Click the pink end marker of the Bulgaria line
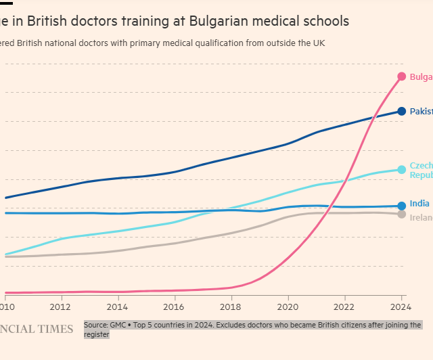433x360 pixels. [x=402, y=76]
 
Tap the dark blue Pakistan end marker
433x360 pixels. [x=402, y=111]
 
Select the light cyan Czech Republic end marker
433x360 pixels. [x=402, y=169]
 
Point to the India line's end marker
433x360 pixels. [x=402, y=206]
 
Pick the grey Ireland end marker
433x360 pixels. [x=402, y=215]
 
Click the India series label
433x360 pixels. [x=419, y=203]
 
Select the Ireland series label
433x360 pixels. [x=421, y=218]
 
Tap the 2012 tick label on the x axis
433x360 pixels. [x=62, y=306]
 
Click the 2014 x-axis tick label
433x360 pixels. [x=118, y=306]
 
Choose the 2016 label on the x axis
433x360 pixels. [x=175, y=306]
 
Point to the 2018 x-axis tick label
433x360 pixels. [x=231, y=306]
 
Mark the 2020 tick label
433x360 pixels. [x=288, y=306]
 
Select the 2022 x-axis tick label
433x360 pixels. [x=345, y=306]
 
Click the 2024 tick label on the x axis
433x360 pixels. [x=401, y=306]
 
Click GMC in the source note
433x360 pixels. [x=119, y=325]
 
